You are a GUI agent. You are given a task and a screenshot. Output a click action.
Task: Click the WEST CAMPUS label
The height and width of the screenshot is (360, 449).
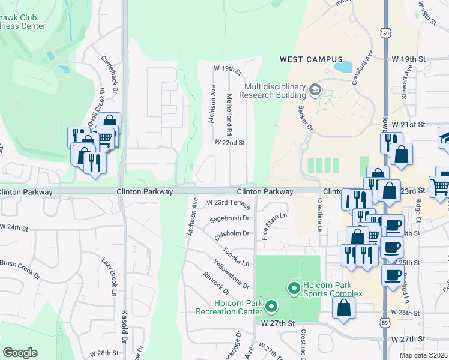point(311,59)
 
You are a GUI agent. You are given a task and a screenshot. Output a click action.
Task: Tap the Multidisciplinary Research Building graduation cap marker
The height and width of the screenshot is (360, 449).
point(315,91)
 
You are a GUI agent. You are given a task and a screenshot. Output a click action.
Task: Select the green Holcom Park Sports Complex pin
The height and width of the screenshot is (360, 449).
point(294,289)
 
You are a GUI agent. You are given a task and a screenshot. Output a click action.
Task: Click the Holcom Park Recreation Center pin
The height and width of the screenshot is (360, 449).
point(271,307)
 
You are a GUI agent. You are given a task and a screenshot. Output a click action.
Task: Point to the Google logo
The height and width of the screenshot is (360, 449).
point(20,352)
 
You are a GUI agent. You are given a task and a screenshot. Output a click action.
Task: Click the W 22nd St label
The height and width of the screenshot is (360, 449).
point(230,143)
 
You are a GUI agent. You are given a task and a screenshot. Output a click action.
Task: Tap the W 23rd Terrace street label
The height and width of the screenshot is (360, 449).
point(228,203)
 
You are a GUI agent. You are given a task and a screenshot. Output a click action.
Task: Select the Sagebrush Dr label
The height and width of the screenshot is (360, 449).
point(229,220)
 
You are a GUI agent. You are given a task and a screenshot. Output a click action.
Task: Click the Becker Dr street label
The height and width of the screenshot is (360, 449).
point(306,118)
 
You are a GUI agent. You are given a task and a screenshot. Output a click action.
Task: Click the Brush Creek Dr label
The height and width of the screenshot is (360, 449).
point(19,269)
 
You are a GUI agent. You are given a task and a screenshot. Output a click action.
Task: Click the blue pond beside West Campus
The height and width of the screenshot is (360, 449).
point(343,67)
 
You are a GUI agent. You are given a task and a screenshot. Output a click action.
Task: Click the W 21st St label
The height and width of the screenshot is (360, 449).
point(408,124)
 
